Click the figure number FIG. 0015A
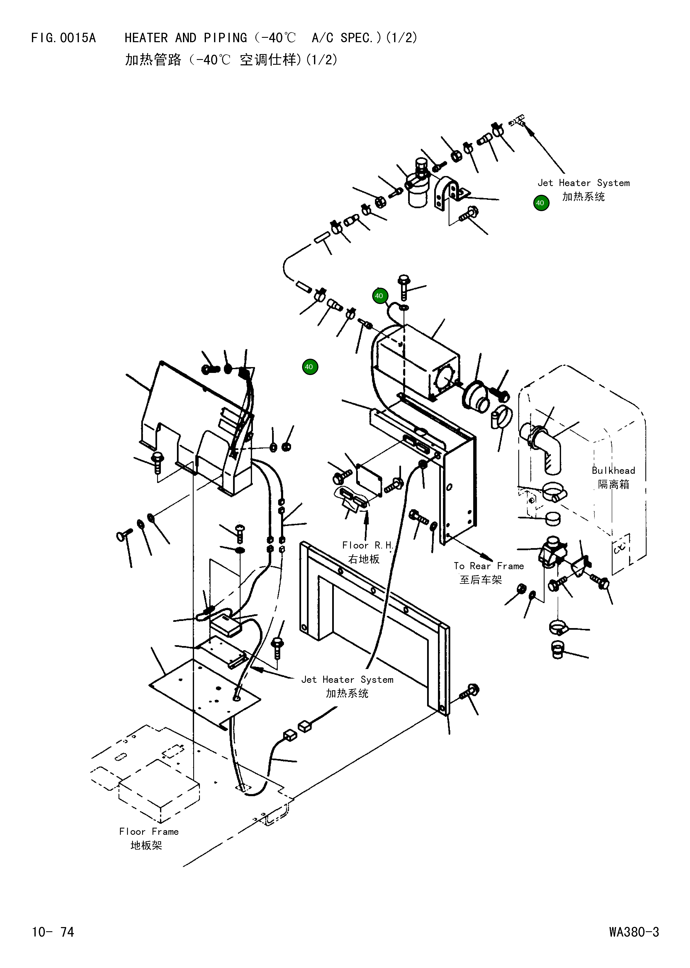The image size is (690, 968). click(64, 38)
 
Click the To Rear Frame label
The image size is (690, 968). click(489, 566)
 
